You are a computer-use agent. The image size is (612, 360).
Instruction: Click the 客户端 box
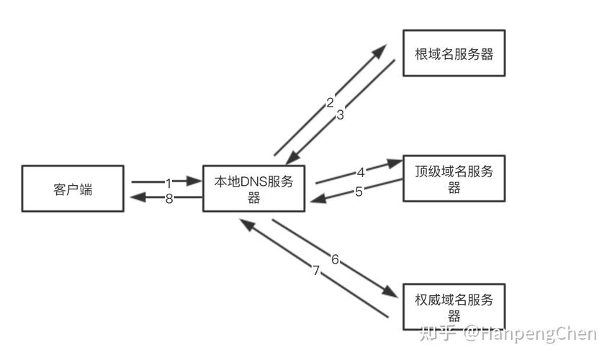73,189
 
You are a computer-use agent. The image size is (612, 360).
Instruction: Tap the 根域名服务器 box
454,53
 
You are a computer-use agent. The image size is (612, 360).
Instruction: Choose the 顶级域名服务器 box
454,178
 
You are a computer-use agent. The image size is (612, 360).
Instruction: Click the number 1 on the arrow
168,183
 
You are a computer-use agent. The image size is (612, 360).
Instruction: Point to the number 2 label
330,103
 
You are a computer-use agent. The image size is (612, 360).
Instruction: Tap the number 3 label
341,114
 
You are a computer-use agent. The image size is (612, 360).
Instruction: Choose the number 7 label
315,271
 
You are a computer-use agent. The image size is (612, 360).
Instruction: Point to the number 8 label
169,199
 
